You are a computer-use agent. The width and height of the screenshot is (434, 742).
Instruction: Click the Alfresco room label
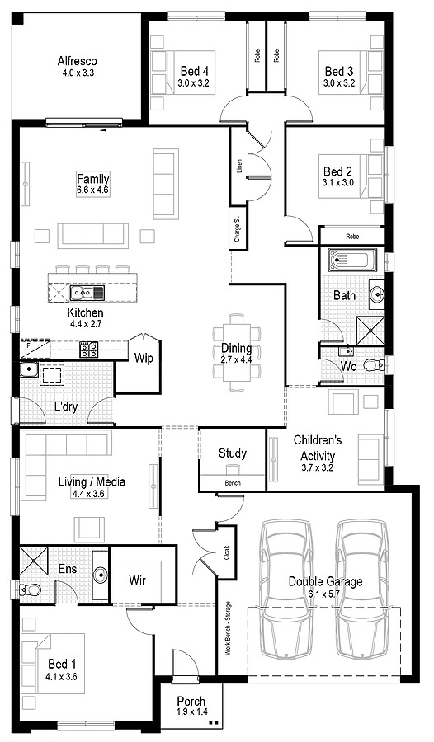[x=78, y=60]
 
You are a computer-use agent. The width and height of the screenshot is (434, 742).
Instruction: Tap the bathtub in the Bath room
[x=351, y=261]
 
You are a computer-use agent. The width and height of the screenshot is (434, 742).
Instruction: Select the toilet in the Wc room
[x=372, y=364]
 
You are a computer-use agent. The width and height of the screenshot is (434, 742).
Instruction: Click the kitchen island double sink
[x=83, y=292]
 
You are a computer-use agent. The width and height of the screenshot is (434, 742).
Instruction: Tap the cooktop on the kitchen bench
[x=88, y=350]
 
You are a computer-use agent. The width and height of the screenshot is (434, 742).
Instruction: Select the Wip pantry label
[x=144, y=359]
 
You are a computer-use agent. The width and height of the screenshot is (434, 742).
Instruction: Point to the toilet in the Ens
[x=31, y=590]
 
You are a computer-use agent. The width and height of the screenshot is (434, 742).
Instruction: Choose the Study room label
[x=233, y=453]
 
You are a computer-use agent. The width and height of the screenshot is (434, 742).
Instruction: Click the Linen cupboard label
[x=239, y=166]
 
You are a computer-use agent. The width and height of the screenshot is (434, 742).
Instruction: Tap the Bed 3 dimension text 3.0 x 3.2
[x=339, y=83]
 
